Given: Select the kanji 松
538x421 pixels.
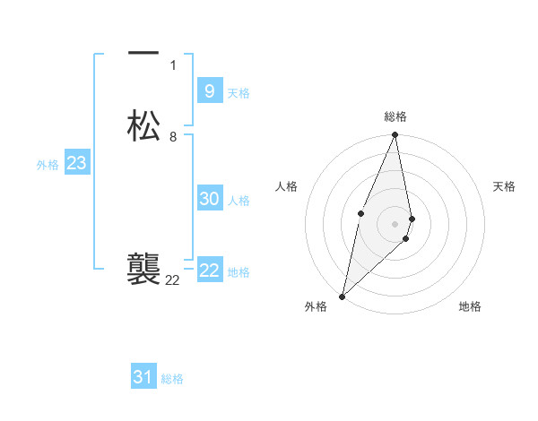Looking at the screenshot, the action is (x=144, y=126).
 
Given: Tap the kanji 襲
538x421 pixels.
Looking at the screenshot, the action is (x=144, y=270).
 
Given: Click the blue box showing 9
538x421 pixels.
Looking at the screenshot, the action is (x=209, y=91).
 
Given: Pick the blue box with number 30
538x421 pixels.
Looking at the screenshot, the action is (x=209, y=200).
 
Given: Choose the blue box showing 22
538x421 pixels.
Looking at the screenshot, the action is (x=209, y=271).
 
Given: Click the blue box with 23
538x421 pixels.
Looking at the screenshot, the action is (x=76, y=163).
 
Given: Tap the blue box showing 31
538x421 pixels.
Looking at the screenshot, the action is (x=143, y=377).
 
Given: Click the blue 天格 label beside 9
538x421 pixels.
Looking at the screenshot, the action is (x=239, y=93).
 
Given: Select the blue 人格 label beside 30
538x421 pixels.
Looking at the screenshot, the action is (x=239, y=201).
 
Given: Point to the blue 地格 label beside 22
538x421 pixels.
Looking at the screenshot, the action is (x=239, y=272).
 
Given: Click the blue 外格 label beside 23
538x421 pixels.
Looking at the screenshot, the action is (x=48, y=165).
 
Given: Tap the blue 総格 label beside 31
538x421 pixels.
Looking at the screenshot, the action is (x=172, y=379).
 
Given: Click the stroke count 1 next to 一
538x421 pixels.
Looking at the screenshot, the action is (x=173, y=65).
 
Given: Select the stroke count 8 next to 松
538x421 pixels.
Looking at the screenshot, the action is (x=173, y=137).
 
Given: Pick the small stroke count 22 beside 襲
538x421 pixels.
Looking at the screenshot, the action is (x=172, y=280).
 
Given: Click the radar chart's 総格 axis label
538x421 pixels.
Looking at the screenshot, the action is (x=395, y=116).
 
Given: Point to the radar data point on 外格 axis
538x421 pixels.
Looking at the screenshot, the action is (x=342, y=296).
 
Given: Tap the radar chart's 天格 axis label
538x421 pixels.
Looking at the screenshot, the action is (x=504, y=186).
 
